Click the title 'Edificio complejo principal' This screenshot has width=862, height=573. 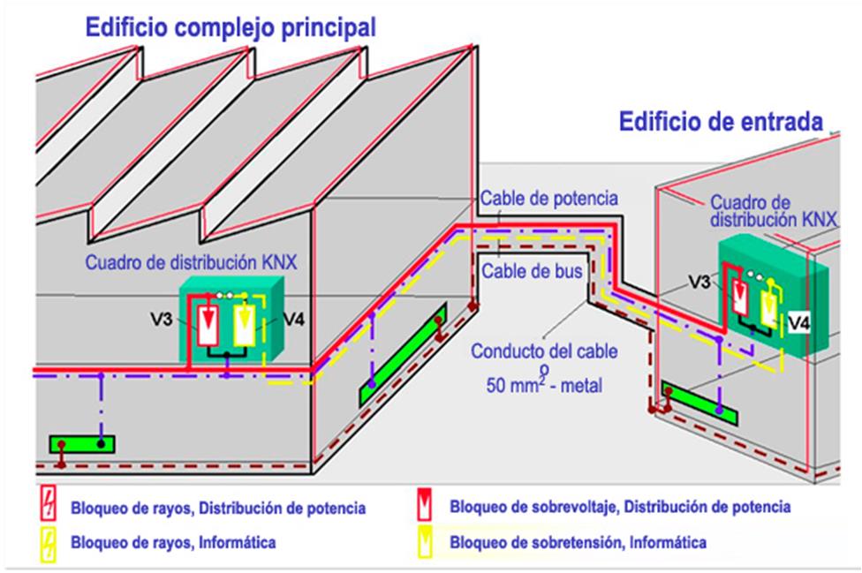pos(230,27)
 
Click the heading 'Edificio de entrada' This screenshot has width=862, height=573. pos(721,121)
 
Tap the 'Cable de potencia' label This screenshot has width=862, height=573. pos(548,199)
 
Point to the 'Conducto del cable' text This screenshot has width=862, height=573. pos(542,351)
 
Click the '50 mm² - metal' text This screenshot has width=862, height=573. pos(541,385)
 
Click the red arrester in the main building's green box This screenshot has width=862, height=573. pos(208,325)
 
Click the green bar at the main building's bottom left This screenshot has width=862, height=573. pos(82,443)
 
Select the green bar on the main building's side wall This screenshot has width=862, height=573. pos(402,356)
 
